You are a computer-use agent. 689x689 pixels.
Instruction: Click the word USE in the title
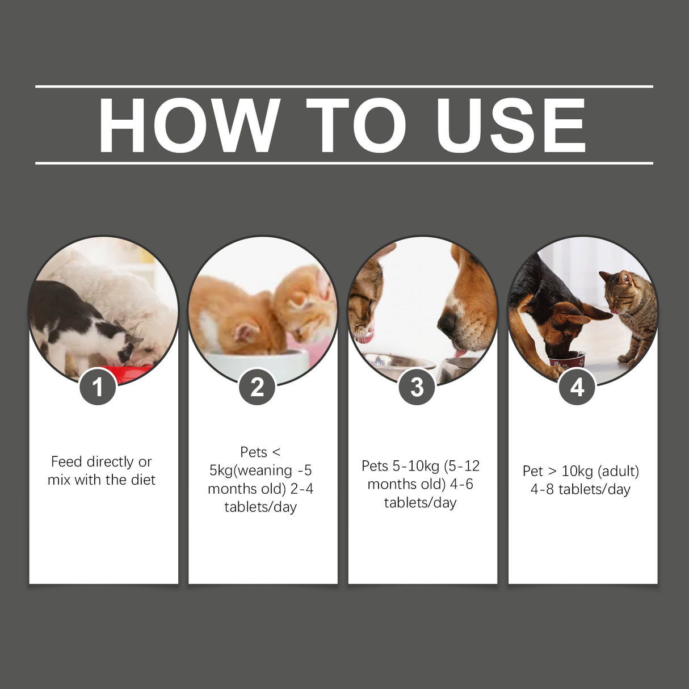coord(511,125)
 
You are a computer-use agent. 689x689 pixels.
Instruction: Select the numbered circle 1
coord(98,388)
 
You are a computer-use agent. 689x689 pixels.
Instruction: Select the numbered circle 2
coord(257,388)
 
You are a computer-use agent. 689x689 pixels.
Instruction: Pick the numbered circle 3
coord(417,388)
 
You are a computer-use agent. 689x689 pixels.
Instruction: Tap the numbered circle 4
coord(577,388)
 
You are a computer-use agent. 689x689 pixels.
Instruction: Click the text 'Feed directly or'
coord(102,461)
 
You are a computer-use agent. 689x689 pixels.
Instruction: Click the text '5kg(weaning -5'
coord(261,470)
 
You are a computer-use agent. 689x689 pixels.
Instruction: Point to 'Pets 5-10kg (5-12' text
coord(421,466)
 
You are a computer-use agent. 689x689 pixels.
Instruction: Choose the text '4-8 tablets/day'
coord(581,489)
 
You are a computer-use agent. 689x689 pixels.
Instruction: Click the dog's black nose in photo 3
coord(447,324)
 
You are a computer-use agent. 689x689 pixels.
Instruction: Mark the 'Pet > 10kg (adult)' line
coord(581,471)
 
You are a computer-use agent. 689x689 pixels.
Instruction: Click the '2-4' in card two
coord(301,489)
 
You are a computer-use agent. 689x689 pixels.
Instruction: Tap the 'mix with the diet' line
coord(102,480)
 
